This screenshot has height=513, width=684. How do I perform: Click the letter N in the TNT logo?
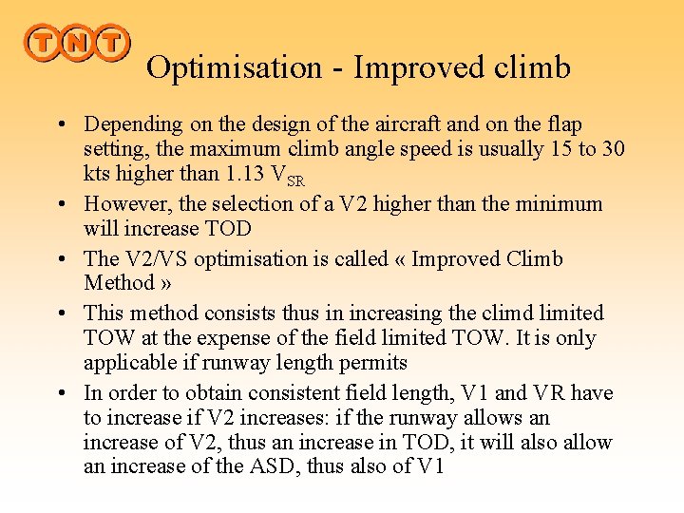pos(76,44)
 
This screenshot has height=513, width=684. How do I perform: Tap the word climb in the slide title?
pos(532,67)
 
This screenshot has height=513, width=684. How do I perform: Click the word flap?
pos(564,124)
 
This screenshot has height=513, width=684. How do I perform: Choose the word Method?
pos(115,283)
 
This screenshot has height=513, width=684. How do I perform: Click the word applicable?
pos(128,363)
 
